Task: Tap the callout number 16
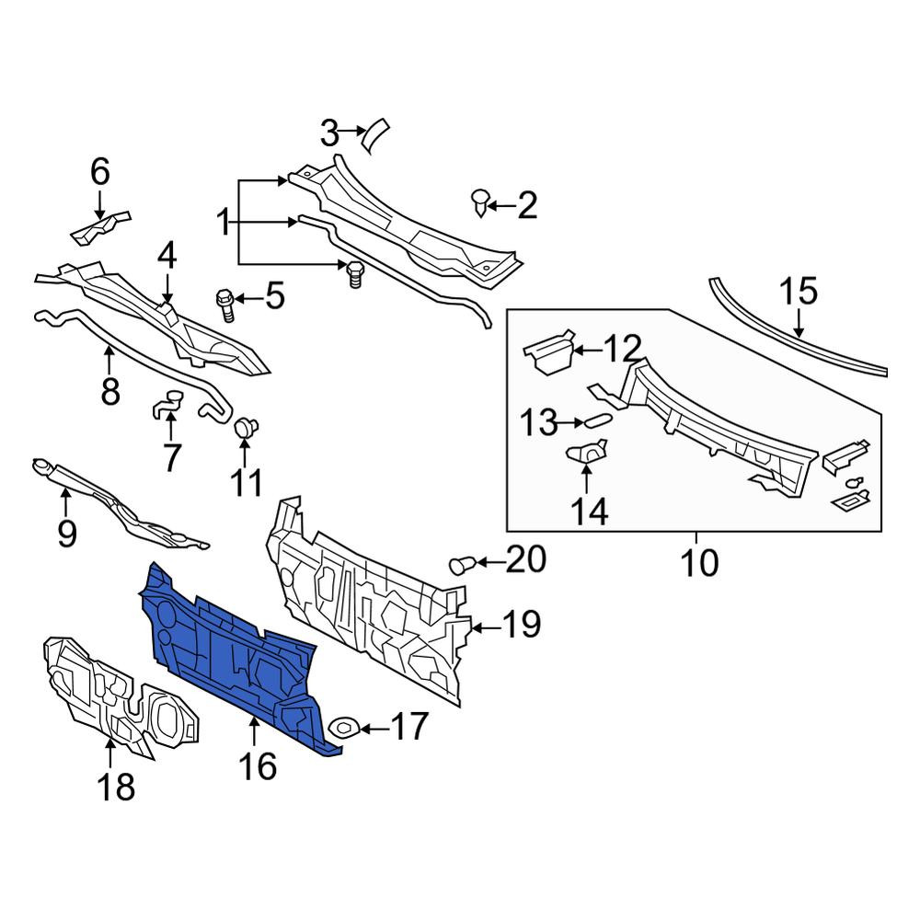pyautogui.click(x=258, y=765)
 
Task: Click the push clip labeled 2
pyautogui.click(x=480, y=202)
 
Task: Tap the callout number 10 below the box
pyautogui.click(x=699, y=562)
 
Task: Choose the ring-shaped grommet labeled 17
pyautogui.click(x=344, y=728)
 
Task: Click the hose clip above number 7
pyautogui.click(x=168, y=404)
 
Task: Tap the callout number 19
pyautogui.click(x=523, y=624)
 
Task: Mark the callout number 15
pyautogui.click(x=798, y=292)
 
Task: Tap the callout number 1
pyautogui.click(x=224, y=223)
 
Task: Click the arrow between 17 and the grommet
pyautogui.click(x=374, y=729)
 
